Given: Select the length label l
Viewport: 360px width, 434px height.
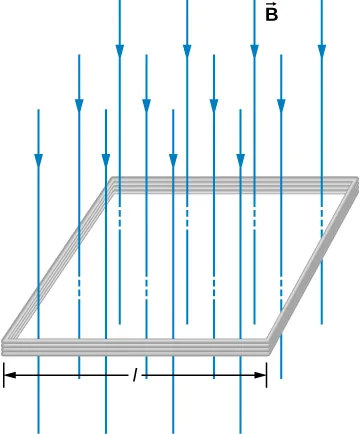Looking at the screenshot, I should (x=135, y=375).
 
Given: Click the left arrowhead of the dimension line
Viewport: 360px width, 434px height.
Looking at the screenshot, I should (x=10, y=375).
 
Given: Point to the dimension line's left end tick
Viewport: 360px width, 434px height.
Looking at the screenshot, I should (x=4, y=375).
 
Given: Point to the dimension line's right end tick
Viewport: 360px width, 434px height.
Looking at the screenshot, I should (x=267, y=375).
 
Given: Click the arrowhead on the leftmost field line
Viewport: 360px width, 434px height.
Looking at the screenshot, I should (x=38, y=160).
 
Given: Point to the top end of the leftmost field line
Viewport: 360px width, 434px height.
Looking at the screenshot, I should (x=38, y=110).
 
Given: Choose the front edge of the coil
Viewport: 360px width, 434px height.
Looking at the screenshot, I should (x=137, y=346).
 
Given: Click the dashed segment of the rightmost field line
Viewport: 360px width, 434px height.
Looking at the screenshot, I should (x=321, y=215).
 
